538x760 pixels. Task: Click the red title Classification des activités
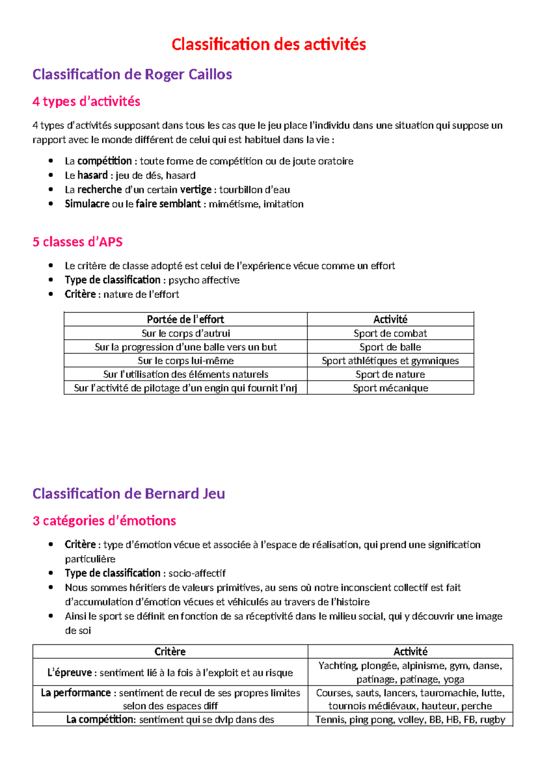click(269, 44)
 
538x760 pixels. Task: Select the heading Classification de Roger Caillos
click(132, 74)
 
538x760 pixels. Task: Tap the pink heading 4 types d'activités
click(86, 102)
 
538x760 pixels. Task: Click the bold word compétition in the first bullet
click(104, 161)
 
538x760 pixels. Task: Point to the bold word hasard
click(92, 175)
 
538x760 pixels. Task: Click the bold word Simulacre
click(87, 204)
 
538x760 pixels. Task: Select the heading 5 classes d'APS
click(77, 242)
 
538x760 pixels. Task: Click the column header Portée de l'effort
click(185, 320)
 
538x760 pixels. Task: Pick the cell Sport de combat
click(390, 333)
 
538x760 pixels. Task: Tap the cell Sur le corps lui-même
click(185, 361)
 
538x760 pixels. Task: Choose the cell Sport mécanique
click(390, 388)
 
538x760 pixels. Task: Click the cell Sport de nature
click(390, 374)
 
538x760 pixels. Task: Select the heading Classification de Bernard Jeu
click(129, 494)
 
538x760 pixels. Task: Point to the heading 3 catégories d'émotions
click(104, 521)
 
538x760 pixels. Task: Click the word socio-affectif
click(197, 573)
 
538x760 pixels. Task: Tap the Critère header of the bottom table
click(170, 652)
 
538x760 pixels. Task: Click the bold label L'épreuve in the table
click(69, 673)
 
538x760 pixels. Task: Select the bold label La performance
click(75, 693)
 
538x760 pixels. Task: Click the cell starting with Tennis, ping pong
click(410, 720)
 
